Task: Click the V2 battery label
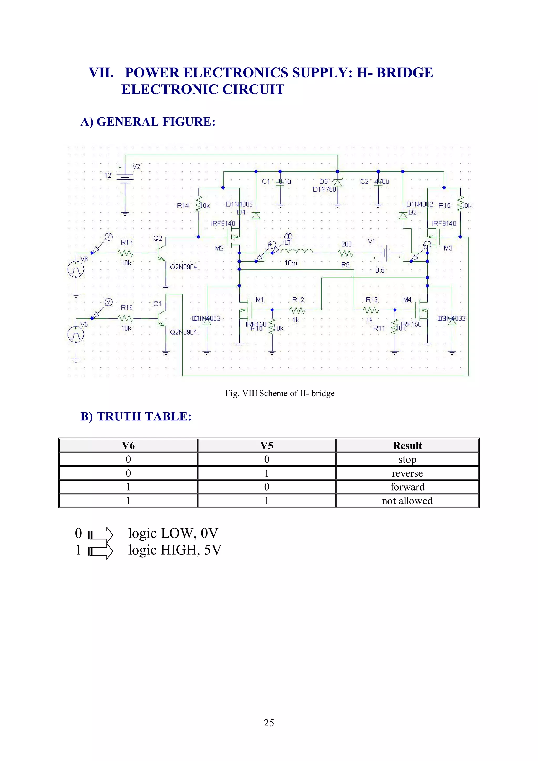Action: click(x=136, y=166)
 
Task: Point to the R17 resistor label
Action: click(x=126, y=242)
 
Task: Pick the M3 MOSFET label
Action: click(x=448, y=248)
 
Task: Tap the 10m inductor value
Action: click(x=291, y=263)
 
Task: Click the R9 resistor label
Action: click(x=345, y=264)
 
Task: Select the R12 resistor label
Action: click(x=298, y=300)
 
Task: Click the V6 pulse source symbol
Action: click(x=76, y=269)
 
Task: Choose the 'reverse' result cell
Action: click(x=407, y=473)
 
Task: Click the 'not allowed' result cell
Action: click(x=407, y=501)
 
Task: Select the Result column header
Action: click(x=407, y=445)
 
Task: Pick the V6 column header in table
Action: click(x=128, y=445)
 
